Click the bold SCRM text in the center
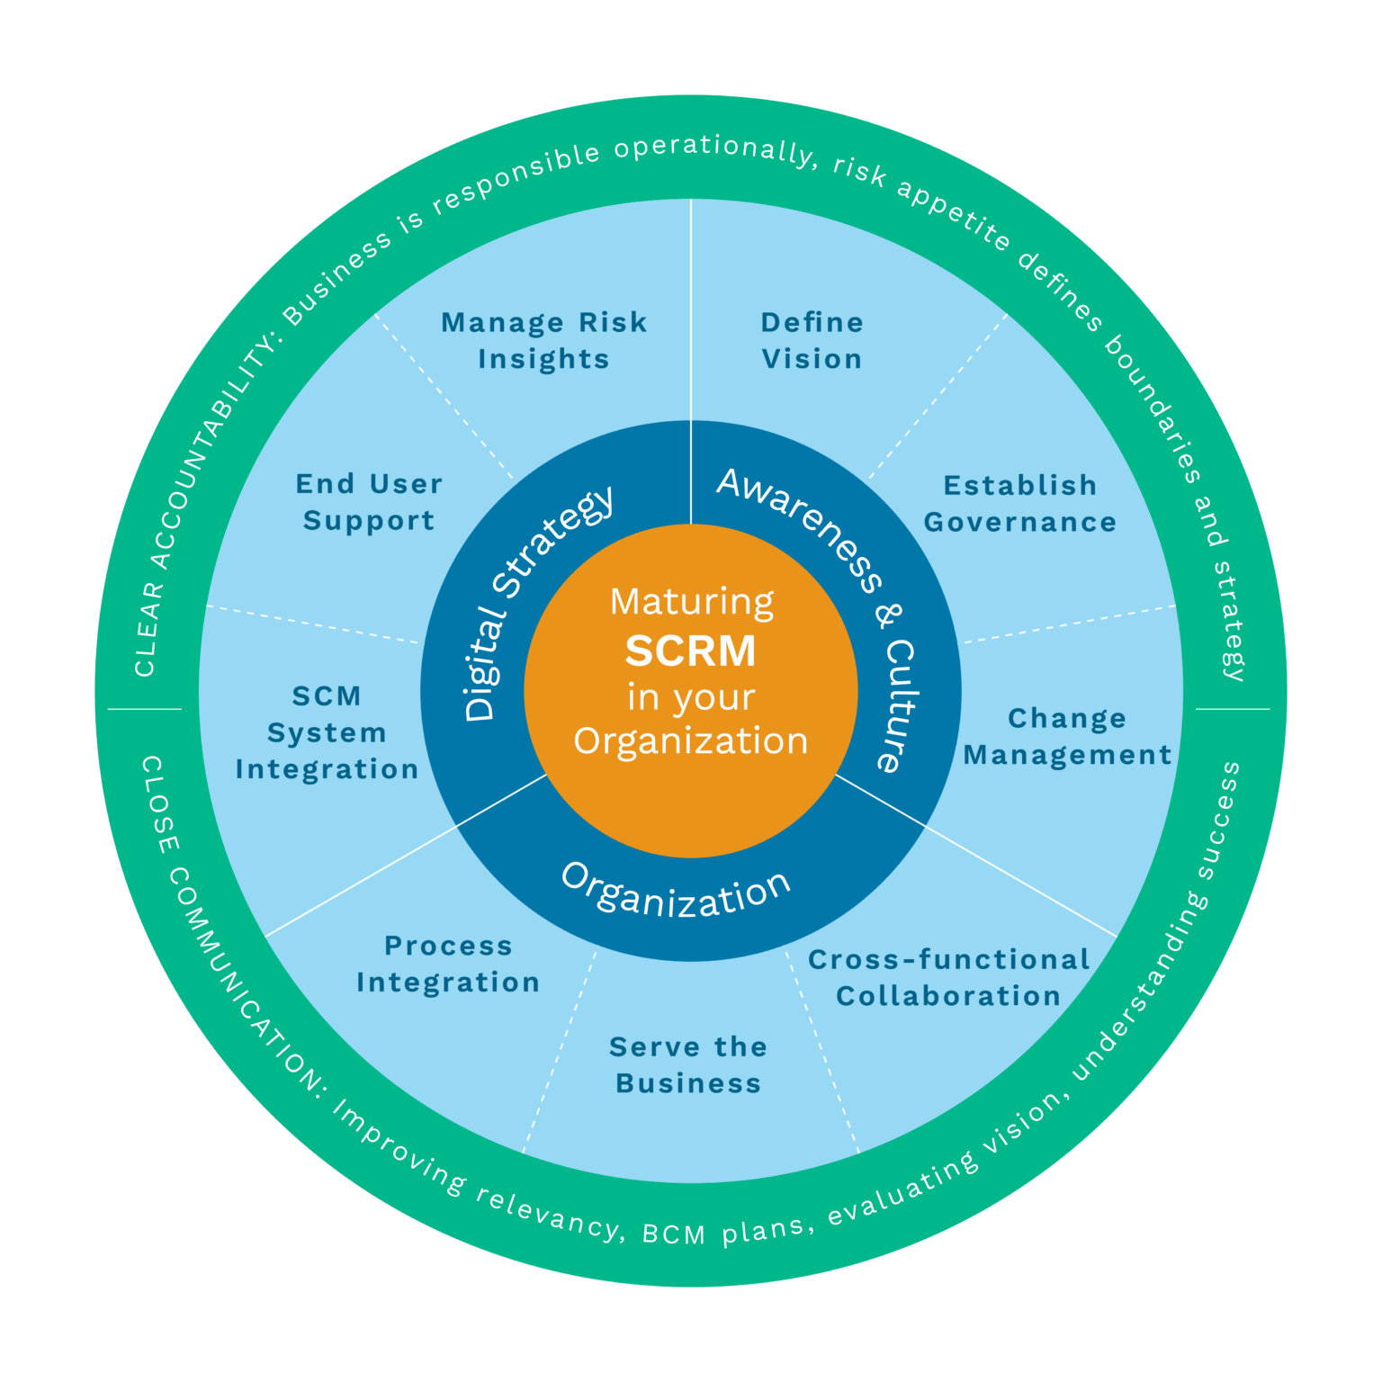click(690, 651)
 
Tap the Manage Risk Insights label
click(543, 340)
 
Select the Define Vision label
click(812, 340)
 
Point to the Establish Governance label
click(1019, 503)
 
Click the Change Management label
click(1067, 736)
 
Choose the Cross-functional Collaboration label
click(948, 977)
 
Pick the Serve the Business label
click(688, 1064)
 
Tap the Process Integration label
click(448, 964)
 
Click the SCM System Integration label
click(327, 732)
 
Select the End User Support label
click(369, 502)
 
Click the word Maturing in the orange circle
click(691, 601)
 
